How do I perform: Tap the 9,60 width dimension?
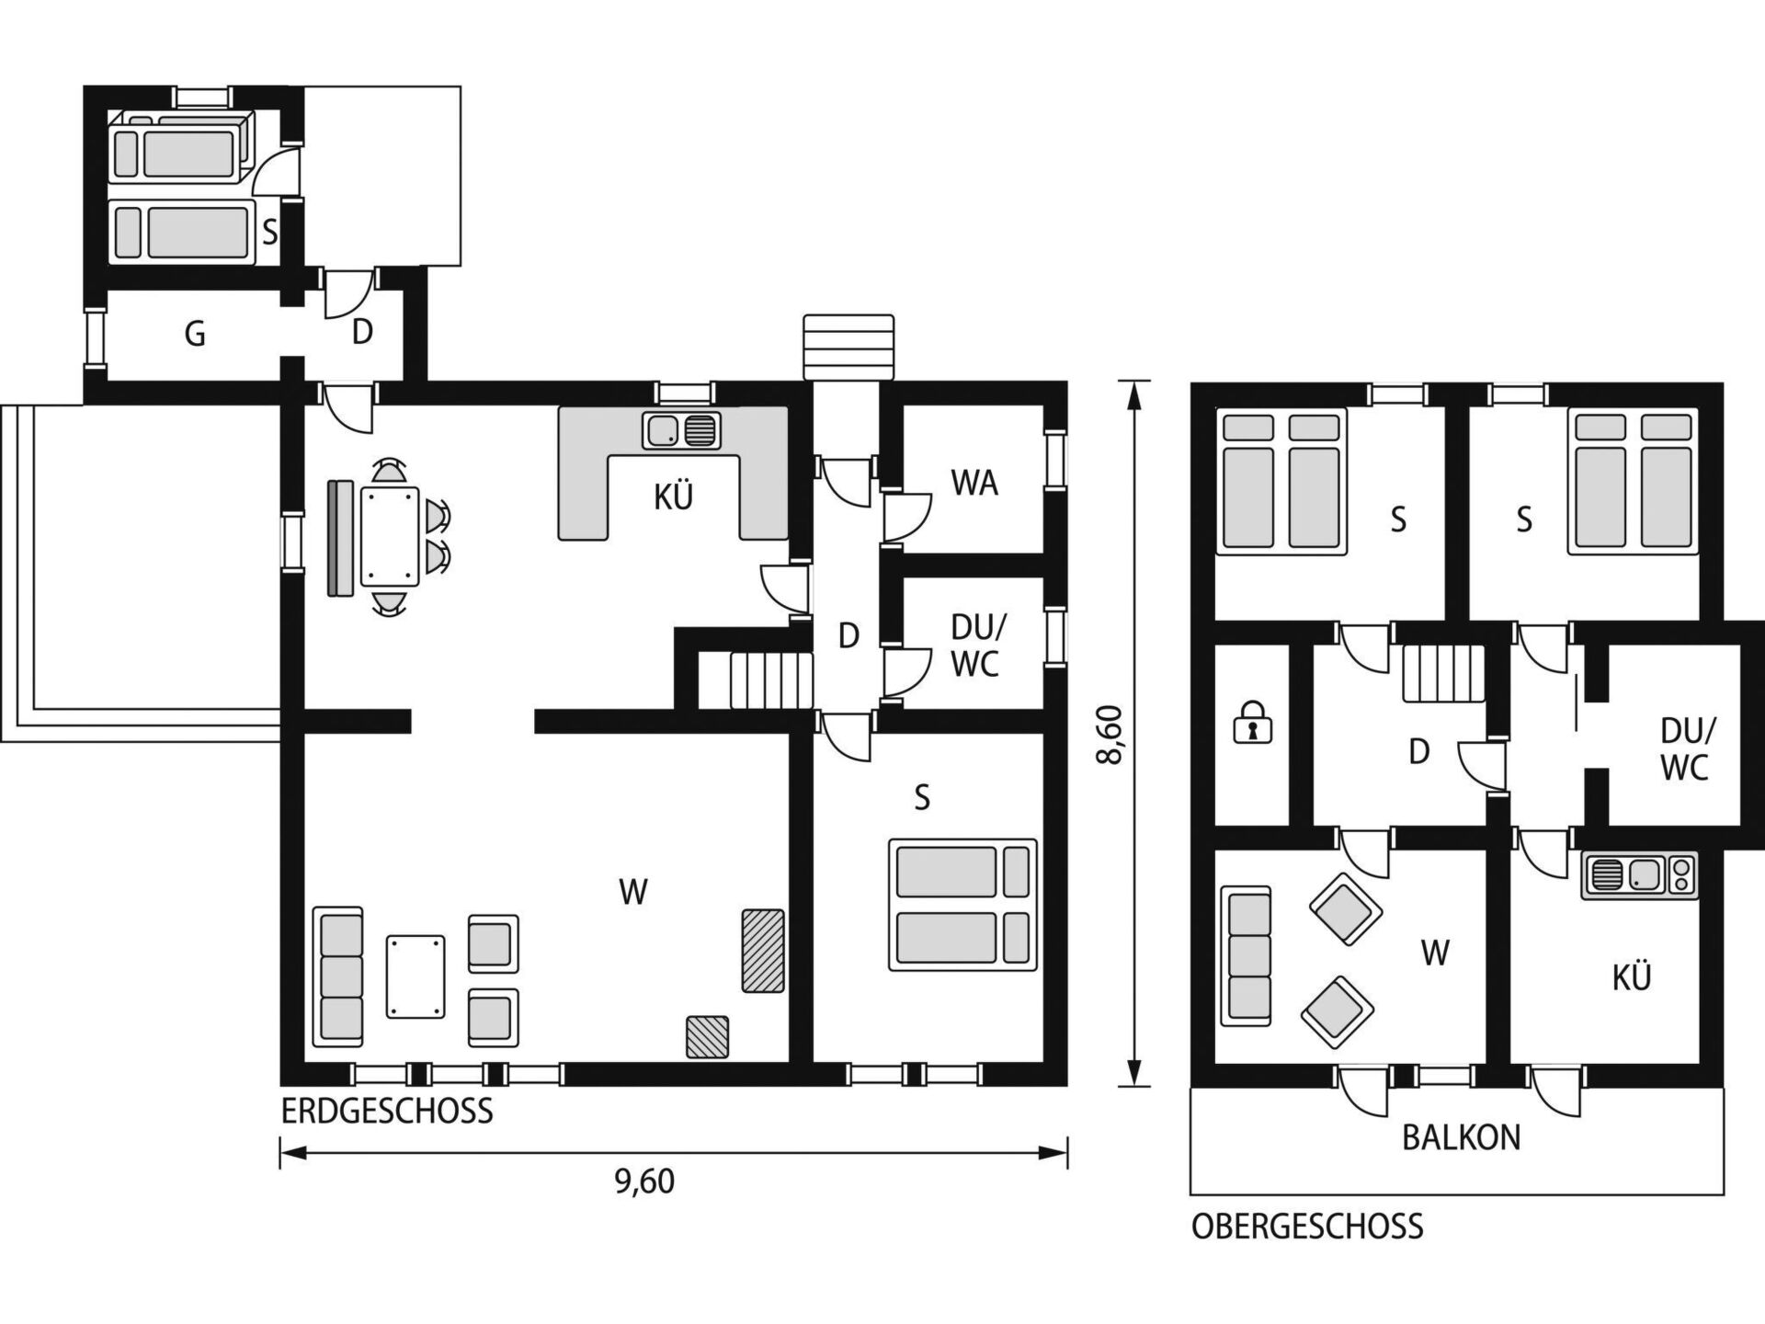644,1181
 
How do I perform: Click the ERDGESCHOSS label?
387,1111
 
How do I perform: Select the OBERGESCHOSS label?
1307,1227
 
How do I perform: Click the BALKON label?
1461,1137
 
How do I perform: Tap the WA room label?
974,483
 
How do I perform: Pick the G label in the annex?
195,334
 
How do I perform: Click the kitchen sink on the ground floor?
682,430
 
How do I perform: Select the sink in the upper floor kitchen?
1639,875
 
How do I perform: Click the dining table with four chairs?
391,537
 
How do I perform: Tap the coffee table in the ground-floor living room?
416,976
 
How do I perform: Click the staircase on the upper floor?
1443,673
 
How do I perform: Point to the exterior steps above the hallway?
848,347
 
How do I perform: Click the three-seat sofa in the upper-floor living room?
1247,956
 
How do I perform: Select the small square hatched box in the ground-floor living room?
707,1036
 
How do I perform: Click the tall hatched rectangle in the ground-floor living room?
763,951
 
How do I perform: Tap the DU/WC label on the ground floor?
976,645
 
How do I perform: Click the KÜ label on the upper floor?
1632,976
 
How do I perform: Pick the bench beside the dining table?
340,538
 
